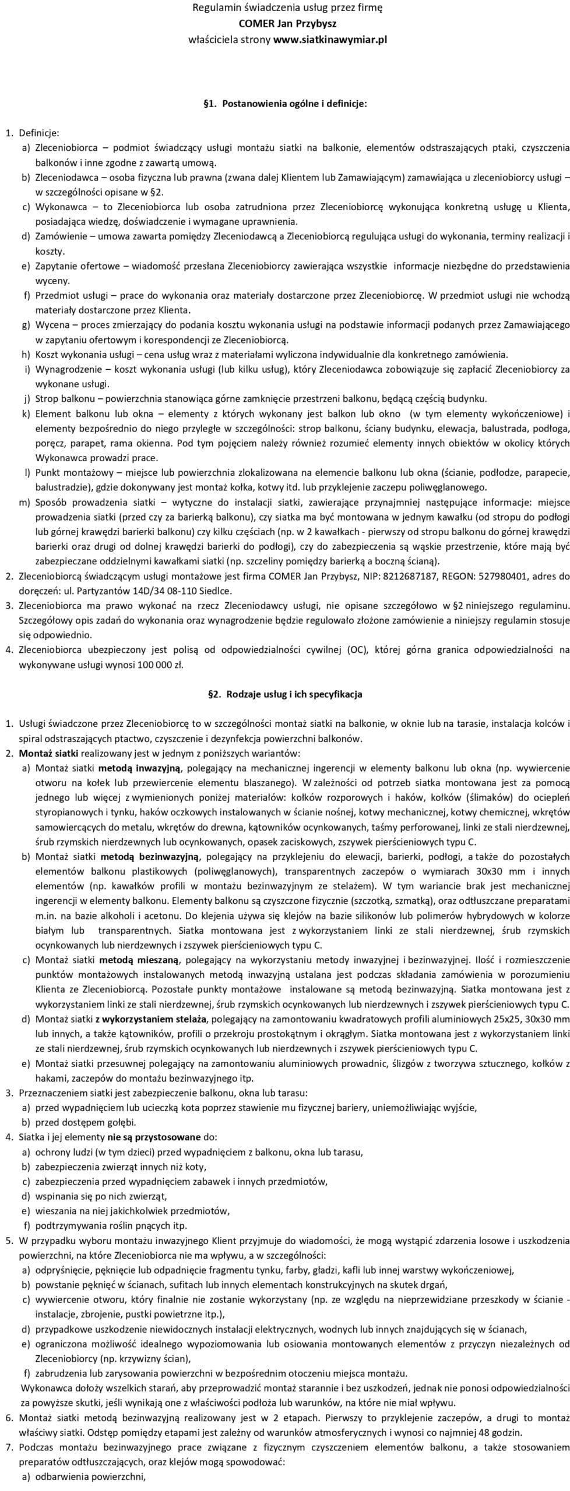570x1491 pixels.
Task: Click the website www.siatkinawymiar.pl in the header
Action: (x=330, y=40)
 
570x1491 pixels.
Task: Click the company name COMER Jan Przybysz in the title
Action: (x=287, y=24)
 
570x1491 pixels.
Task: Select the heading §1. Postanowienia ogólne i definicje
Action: (x=285, y=104)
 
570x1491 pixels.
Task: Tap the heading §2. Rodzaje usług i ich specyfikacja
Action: (x=285, y=694)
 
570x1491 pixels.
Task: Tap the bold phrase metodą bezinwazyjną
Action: (x=150, y=857)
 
